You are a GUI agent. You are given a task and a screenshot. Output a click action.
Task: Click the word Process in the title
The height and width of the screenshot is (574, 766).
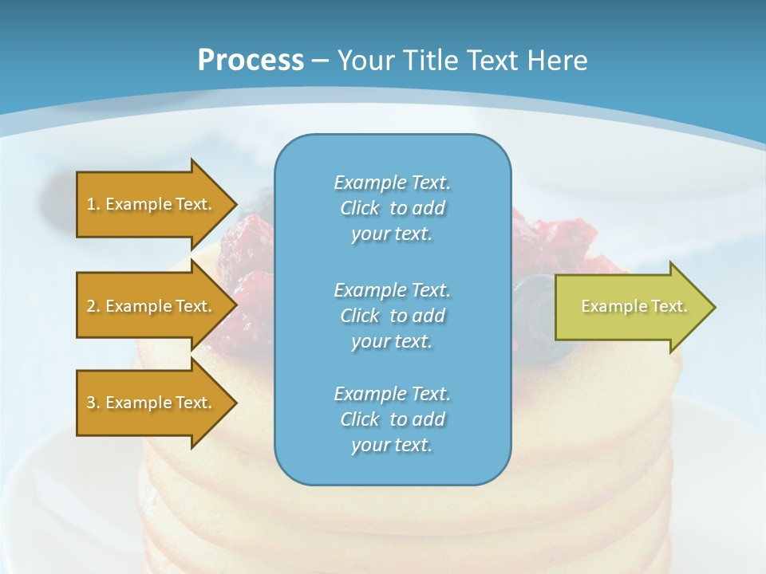251,60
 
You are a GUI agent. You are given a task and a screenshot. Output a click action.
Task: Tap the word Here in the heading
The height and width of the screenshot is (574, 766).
558,60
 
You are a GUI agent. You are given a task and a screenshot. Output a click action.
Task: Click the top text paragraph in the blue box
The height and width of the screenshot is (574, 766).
392,208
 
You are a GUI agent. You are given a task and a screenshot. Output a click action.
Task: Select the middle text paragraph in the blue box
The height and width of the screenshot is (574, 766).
392,316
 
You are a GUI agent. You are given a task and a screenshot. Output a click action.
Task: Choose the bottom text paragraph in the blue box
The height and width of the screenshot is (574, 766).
392,419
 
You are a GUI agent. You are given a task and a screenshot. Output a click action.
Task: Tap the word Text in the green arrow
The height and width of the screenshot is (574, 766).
669,306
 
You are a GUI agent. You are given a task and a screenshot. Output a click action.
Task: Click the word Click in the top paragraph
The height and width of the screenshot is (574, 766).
360,208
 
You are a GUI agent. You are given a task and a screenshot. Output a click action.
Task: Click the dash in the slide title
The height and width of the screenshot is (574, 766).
321,61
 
